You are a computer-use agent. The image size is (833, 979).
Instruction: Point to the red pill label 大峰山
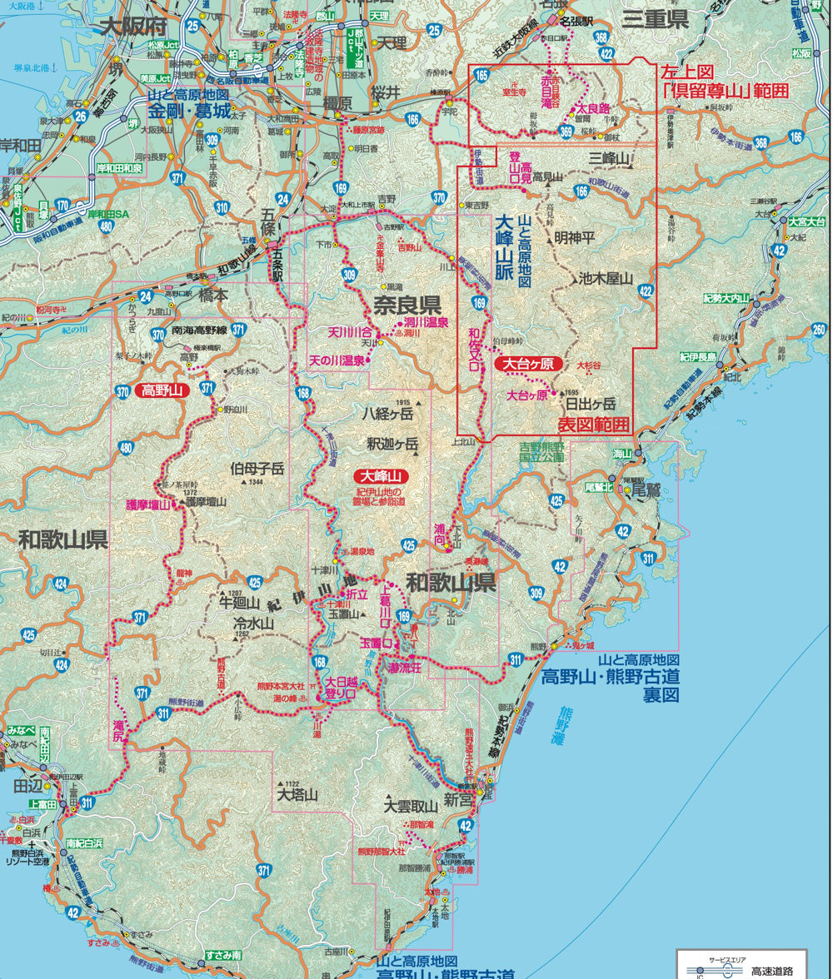pyautogui.click(x=381, y=477)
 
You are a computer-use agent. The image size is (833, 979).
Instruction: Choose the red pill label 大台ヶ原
pyautogui.click(x=529, y=364)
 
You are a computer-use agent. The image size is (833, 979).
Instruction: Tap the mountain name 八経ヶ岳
pyautogui.click(x=387, y=413)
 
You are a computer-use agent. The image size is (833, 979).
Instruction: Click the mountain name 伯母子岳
pyautogui.click(x=257, y=469)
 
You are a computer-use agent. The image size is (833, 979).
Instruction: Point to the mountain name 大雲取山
pyautogui.click(x=411, y=807)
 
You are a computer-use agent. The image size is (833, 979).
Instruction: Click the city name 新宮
pyautogui.click(x=458, y=800)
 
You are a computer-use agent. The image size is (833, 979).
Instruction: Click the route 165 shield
pyautogui.click(x=481, y=76)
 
